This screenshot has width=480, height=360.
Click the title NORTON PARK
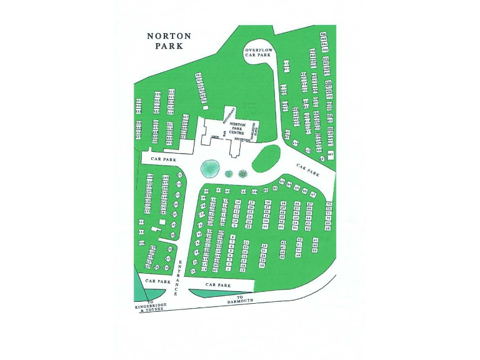pos(169,41)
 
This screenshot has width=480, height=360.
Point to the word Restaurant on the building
pos(229,114)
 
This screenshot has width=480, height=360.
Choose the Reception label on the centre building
pos(251,141)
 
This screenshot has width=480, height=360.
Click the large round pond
pos(209,167)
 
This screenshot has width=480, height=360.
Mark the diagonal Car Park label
pos(308,170)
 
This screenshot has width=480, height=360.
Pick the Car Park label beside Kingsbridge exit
pos(157,281)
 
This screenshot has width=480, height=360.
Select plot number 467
pos(330,154)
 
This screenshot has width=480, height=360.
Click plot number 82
pos(266,189)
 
